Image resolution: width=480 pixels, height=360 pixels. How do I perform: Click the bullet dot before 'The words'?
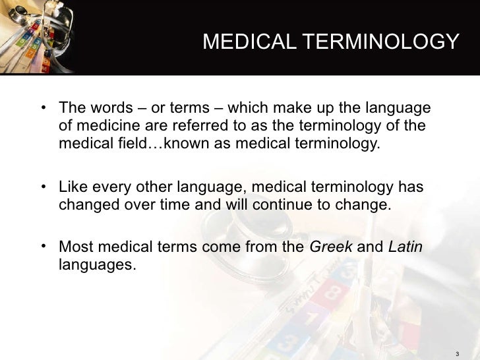click(x=43, y=108)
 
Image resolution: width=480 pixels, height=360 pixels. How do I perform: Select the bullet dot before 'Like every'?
click(x=43, y=189)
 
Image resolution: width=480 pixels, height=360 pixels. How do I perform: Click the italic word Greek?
click(x=330, y=247)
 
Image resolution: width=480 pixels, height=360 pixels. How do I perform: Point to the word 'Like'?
click(x=73, y=188)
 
